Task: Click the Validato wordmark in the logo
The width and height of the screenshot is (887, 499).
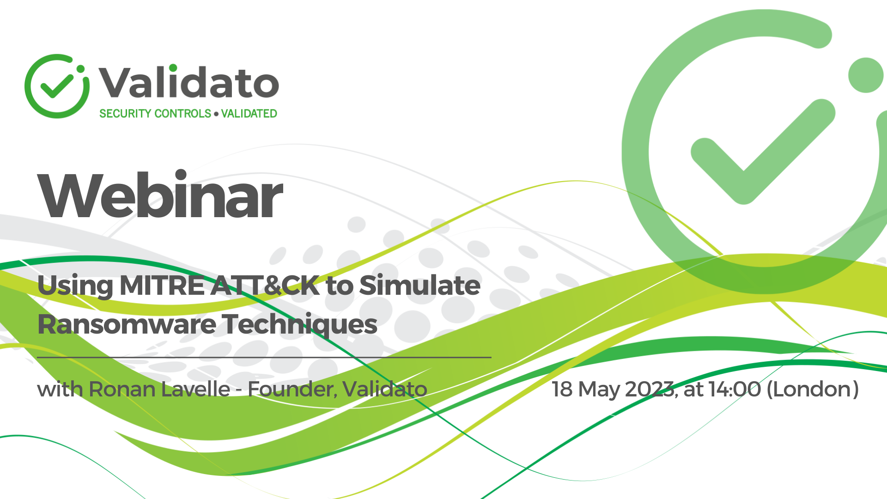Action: [188, 83]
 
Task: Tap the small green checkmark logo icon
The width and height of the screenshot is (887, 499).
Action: [56, 86]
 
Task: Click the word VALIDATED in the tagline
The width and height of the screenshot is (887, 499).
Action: [249, 114]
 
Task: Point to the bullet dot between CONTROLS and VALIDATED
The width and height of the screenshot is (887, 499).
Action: [216, 114]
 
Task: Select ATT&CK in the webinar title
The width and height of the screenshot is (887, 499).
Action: [265, 286]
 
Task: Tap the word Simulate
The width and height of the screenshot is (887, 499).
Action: [419, 286]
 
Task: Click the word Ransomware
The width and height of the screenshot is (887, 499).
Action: [126, 324]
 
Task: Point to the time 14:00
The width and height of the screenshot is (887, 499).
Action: [735, 389]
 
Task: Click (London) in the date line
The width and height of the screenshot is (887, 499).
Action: [813, 389]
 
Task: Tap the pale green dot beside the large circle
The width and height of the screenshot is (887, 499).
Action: [865, 75]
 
